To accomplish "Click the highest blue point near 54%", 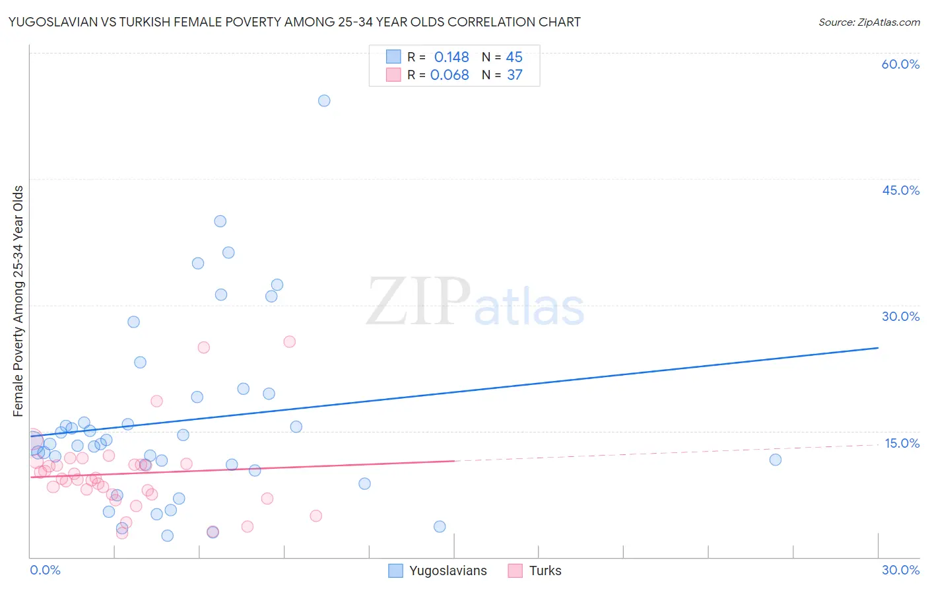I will [324, 101].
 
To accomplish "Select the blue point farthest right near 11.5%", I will [776, 460].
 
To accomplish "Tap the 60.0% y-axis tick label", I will [900, 64].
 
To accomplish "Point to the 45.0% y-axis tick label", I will [900, 190].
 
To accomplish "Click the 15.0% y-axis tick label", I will [902, 443].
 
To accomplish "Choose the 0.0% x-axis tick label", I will [45, 571].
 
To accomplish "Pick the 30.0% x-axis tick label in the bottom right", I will [900, 571].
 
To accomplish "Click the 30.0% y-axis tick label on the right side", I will [900, 316].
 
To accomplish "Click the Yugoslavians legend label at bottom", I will [447, 571].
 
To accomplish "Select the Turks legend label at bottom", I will [545, 571].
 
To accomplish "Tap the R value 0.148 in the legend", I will [451, 57].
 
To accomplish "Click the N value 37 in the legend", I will [515, 75].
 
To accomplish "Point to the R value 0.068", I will [449, 75].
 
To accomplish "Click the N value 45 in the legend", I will [514, 57].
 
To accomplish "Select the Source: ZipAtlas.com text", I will [869, 22].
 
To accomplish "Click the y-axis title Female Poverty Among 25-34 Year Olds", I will [18, 301].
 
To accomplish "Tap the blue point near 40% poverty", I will [220, 221].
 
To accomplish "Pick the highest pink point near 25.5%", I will [289, 342].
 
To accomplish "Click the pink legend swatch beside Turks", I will [515, 571].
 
